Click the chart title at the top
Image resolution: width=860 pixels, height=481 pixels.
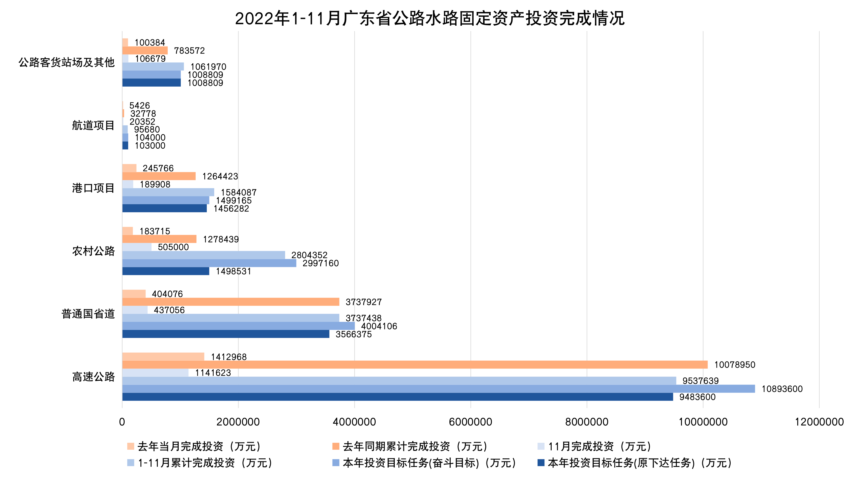(x=430, y=18)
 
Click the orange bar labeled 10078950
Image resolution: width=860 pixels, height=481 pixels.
(x=415, y=365)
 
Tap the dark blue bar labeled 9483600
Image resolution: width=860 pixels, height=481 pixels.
(x=397, y=397)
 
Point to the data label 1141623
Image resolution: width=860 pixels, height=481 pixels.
(x=213, y=373)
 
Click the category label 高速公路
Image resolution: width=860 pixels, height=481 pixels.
(x=93, y=376)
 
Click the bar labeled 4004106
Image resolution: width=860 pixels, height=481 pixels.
(x=238, y=326)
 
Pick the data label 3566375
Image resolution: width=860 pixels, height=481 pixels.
(x=353, y=334)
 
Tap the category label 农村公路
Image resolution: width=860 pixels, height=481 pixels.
(x=93, y=251)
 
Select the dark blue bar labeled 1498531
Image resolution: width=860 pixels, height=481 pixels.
(x=166, y=271)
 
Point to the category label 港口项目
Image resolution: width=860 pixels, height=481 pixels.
(x=93, y=188)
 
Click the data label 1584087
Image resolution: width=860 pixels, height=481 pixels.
(x=238, y=193)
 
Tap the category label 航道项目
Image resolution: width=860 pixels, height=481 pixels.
(x=93, y=125)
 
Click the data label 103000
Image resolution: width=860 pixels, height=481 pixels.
(x=150, y=146)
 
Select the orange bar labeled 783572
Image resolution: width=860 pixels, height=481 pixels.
(x=145, y=50)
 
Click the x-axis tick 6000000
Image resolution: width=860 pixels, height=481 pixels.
(x=470, y=422)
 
